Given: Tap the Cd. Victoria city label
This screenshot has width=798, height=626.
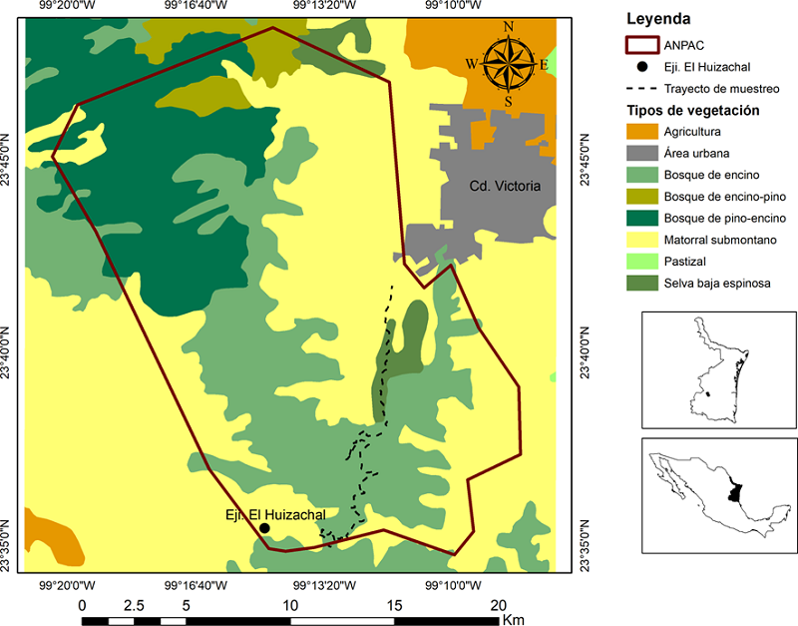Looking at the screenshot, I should [505, 186].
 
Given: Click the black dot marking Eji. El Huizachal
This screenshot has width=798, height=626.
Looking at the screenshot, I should [264, 528].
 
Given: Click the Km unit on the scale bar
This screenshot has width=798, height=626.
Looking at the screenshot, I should [514, 621].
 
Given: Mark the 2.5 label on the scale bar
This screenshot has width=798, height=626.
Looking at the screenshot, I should [134, 605].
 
